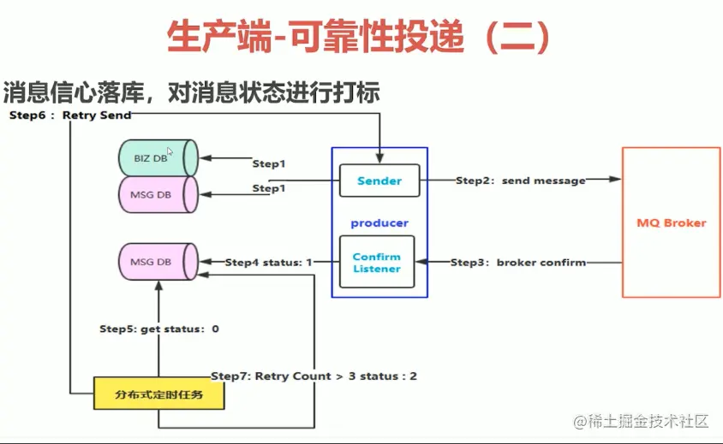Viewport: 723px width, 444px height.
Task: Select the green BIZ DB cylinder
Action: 158,158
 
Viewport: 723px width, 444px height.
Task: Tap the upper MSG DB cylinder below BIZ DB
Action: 158,194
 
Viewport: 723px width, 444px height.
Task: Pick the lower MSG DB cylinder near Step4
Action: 158,262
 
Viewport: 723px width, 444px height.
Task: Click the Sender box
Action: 379,181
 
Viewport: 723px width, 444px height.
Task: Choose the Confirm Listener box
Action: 377,262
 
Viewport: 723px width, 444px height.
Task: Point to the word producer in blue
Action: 379,222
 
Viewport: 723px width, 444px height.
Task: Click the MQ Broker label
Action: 672,222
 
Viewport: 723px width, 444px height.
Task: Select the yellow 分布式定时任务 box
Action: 159,395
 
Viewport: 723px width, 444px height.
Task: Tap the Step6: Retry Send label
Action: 70,115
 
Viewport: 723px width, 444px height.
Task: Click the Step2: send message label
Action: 520,181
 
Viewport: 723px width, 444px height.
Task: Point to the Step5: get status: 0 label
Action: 159,329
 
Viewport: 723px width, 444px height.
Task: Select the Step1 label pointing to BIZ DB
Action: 268,163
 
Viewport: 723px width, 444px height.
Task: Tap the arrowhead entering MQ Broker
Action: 615,180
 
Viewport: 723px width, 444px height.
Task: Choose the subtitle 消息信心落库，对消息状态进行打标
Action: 191,91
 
